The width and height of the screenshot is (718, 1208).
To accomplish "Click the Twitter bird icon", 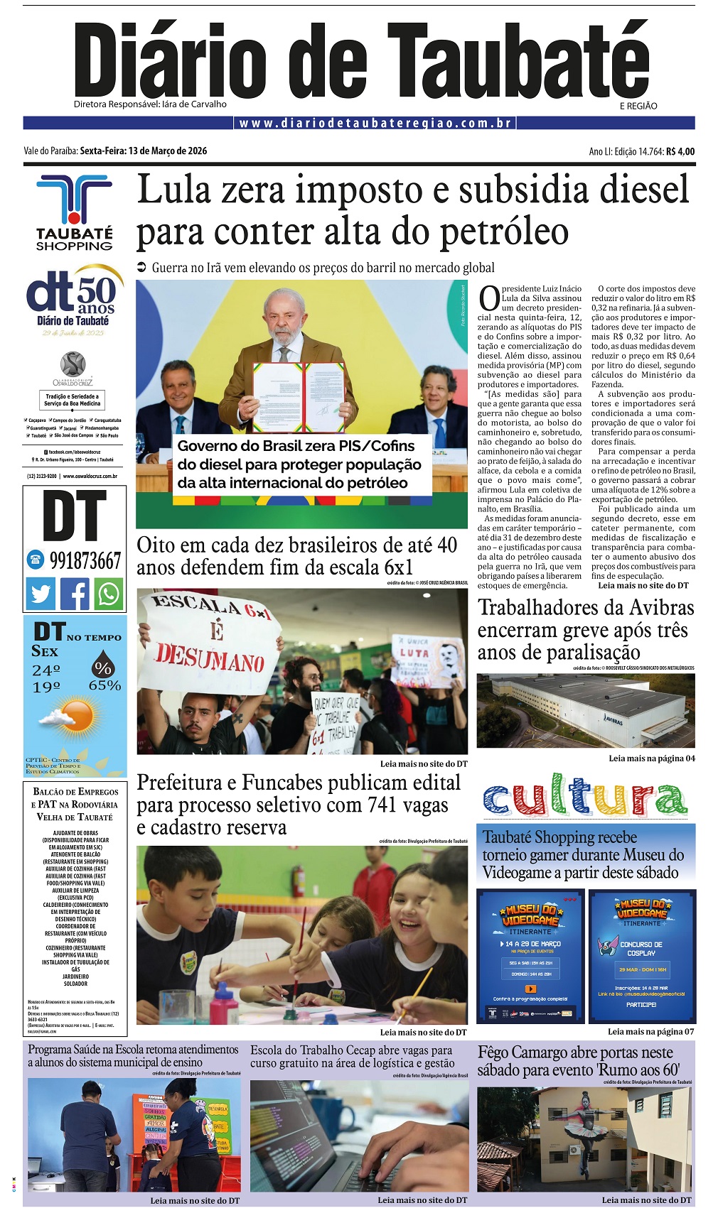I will tap(41, 593).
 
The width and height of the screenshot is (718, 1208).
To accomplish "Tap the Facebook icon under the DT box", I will tap(75, 593).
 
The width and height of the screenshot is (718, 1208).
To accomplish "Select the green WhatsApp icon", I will tap(109, 593).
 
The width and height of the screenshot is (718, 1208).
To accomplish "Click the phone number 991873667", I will tap(85, 560).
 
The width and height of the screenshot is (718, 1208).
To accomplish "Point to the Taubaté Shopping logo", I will tap(74, 213).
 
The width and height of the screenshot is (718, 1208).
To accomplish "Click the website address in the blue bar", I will tap(375, 123).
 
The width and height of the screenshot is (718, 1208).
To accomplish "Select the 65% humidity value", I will tap(105, 685).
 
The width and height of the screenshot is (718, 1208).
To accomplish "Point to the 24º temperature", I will tap(46, 670).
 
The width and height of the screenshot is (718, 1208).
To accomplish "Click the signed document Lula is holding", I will tap(299, 398).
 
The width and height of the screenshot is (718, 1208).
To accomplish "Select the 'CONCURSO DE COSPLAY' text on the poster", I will tap(641, 948).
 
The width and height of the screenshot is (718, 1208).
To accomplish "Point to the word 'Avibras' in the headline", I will tap(645, 608).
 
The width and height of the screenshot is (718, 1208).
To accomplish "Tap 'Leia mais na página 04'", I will tap(651, 758).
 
